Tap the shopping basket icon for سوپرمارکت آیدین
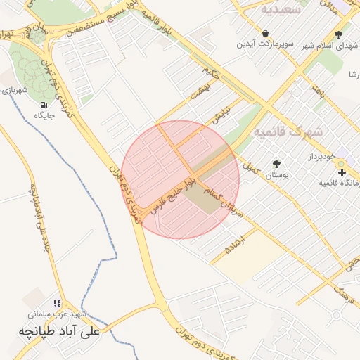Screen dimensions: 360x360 click(265, 33)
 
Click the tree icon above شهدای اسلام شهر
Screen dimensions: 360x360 click(338, 34)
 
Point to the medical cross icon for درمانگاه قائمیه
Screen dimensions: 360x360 click(341, 172)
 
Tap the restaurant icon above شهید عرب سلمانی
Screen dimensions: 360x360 click(57, 303)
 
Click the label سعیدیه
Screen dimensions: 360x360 click(281, 10)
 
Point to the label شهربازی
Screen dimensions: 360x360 click(14, 90)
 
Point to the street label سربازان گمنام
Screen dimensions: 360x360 click(223, 200)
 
